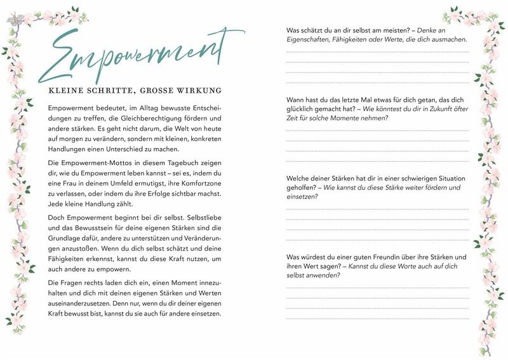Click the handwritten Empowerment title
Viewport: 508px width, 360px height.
click(137, 55)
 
